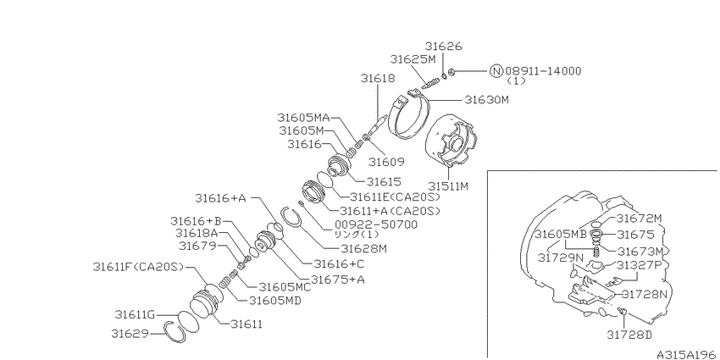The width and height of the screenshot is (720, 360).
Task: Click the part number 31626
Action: click(x=443, y=47)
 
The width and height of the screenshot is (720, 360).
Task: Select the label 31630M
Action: click(x=487, y=100)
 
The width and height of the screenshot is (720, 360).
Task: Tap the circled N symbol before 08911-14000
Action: click(x=496, y=71)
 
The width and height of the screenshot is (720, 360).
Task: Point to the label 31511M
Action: click(x=448, y=186)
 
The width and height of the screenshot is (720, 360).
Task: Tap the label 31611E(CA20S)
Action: click(x=395, y=197)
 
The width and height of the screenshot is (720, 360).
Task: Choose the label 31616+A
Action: click(x=221, y=198)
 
